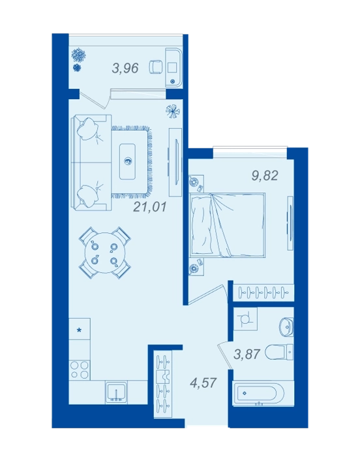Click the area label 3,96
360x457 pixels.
click(x=125, y=68)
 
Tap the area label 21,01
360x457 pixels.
click(x=150, y=207)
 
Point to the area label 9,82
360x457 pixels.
click(x=265, y=176)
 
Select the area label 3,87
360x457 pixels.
click(x=247, y=354)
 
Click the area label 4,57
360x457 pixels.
click(x=203, y=383)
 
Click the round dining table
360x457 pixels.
click(x=104, y=253)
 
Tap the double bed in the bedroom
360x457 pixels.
click(x=227, y=225)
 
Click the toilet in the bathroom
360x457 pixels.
click(x=280, y=353)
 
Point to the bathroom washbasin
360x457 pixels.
click(x=286, y=326)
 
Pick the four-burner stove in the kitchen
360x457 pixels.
click(x=80, y=370)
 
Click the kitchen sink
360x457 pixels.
click(x=117, y=392)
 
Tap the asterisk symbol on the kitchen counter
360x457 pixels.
click(x=79, y=330)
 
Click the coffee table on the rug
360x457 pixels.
click(x=127, y=161)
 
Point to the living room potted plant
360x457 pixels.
click(x=173, y=112)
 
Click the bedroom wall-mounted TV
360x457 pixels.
click(x=290, y=223)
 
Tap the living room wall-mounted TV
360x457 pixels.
click(x=175, y=162)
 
